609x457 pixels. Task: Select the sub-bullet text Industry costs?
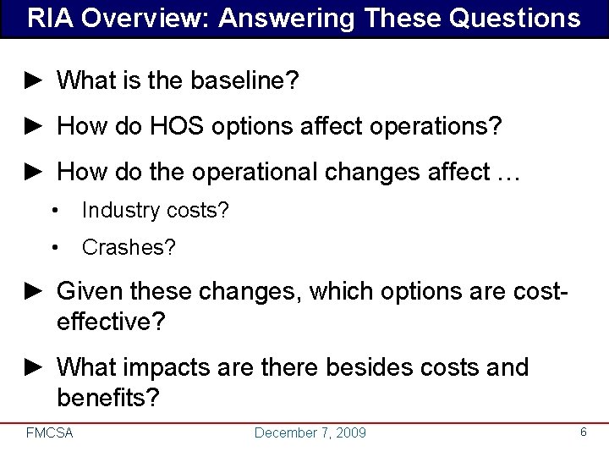click(x=155, y=211)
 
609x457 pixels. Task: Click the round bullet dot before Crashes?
click(x=54, y=249)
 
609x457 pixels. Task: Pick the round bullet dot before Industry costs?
click(x=54, y=211)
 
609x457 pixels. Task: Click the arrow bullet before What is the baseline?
click(x=33, y=81)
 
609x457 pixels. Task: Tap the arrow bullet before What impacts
click(x=33, y=368)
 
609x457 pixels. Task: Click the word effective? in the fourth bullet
click(x=110, y=322)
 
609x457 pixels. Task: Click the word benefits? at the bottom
click(x=107, y=397)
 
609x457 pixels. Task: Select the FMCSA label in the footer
click(x=50, y=433)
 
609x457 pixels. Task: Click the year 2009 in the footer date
click(x=351, y=433)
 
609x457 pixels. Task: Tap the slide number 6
click(x=583, y=432)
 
